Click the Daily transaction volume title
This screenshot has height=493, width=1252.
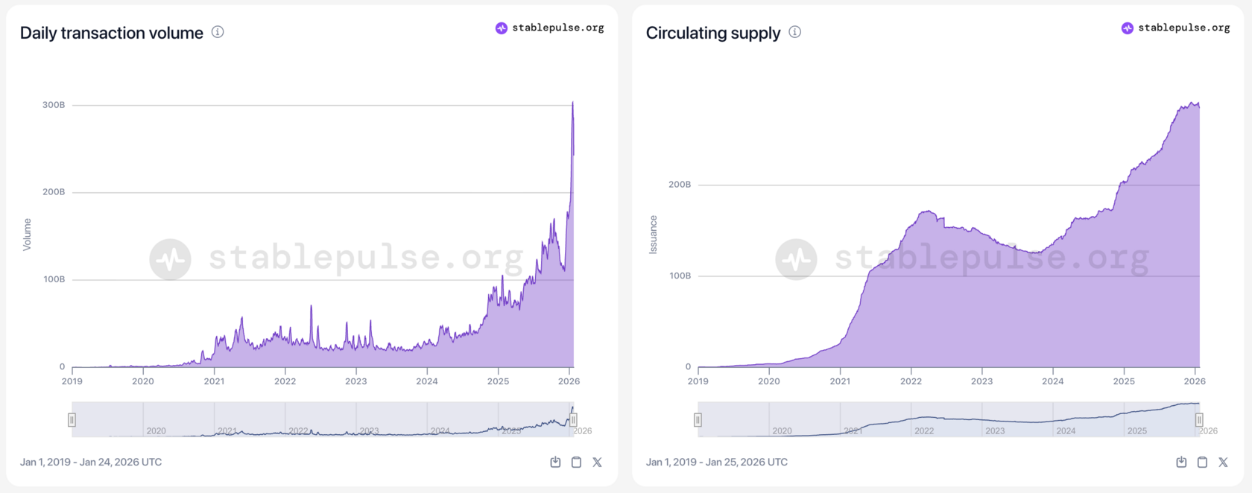tap(111, 33)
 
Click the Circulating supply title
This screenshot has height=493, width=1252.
tap(712, 33)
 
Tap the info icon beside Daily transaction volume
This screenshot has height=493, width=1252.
tap(218, 32)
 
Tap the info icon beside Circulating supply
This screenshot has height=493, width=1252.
tap(795, 32)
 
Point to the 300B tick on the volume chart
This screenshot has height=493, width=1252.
tap(54, 105)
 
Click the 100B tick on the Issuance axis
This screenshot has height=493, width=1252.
tap(680, 276)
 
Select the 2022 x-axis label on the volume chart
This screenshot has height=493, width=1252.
tap(285, 381)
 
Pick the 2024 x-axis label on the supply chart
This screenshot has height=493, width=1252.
tap(1052, 381)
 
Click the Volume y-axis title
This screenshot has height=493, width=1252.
tap(28, 235)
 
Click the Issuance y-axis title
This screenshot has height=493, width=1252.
tap(654, 235)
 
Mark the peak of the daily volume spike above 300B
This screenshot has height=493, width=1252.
tap(572, 102)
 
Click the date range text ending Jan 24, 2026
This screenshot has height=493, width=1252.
tap(91, 462)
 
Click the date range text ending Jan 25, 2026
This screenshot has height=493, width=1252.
tap(717, 462)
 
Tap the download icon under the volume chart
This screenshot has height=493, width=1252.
tap(555, 462)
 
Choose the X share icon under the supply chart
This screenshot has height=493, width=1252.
tap(1223, 462)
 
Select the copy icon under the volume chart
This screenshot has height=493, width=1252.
tap(576, 462)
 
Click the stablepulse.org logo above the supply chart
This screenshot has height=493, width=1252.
tap(1175, 28)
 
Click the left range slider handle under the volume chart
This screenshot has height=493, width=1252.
tap(72, 420)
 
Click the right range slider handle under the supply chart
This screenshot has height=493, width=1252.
tap(1199, 420)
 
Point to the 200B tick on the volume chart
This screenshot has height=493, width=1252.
tap(54, 192)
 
